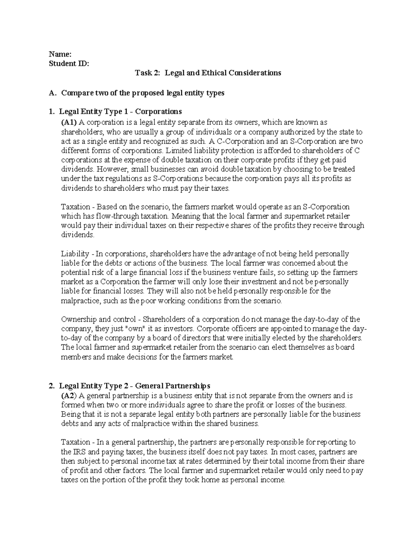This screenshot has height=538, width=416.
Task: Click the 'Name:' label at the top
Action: tap(60, 54)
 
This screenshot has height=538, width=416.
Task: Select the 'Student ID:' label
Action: tap(69, 63)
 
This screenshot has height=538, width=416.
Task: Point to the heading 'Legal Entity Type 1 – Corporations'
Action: tap(120, 112)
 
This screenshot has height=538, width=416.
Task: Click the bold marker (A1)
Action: tap(69, 122)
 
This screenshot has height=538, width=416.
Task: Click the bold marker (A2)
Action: tap(69, 395)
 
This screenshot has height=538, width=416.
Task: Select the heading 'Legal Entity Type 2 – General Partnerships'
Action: tap(135, 386)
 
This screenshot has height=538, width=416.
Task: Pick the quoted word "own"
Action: tap(136, 328)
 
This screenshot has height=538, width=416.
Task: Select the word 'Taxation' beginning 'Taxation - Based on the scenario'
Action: tap(75, 207)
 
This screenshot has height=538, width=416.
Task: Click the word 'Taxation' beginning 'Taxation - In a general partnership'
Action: tap(75, 442)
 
